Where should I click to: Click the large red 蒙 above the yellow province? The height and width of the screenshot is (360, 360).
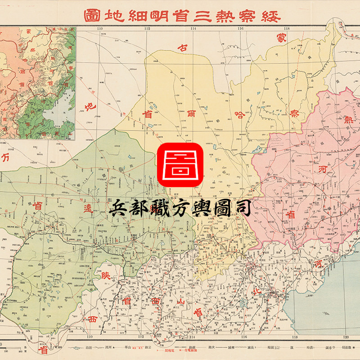pos(282,39)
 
